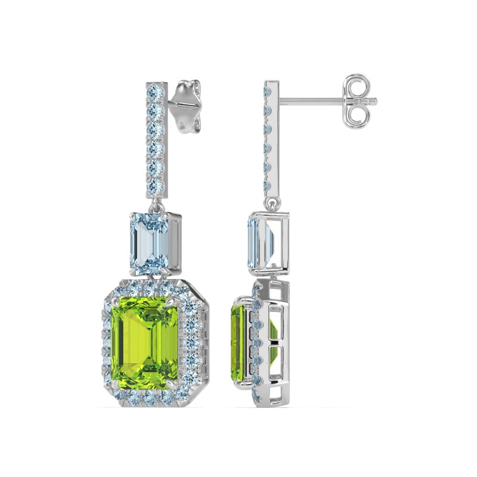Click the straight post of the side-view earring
coord(310,100)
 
